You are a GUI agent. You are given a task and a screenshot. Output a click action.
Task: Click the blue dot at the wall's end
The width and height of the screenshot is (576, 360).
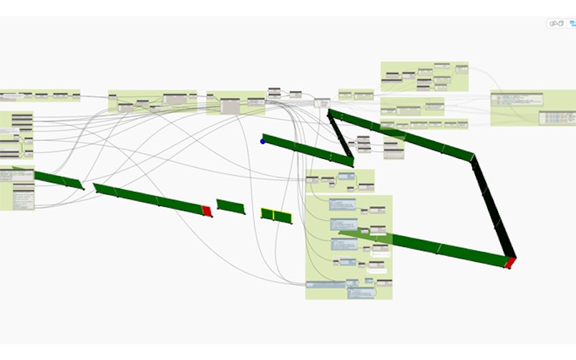click(x=263, y=141)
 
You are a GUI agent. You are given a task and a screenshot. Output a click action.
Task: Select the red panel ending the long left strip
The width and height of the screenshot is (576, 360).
click(x=207, y=210)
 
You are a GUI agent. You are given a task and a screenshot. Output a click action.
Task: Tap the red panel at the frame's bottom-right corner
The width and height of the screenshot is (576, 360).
click(x=509, y=263)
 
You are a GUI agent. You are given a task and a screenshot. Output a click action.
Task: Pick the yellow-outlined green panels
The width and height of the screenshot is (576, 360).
click(x=276, y=215)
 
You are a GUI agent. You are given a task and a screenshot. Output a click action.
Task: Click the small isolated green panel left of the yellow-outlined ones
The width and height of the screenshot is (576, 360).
click(x=230, y=207)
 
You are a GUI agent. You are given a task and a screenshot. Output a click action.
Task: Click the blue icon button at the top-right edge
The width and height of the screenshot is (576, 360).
click(x=572, y=24)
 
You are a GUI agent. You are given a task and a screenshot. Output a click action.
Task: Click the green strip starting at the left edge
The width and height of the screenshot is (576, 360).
click(x=57, y=179)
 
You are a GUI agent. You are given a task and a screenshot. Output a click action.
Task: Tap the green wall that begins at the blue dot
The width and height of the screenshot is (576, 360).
click(x=308, y=150)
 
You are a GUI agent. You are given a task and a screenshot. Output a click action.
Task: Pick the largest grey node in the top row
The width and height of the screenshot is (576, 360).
click(x=230, y=107)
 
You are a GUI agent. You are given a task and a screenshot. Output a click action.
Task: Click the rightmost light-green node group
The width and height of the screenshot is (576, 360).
click(x=533, y=108)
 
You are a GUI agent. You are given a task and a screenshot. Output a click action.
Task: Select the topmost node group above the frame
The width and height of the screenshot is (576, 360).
click(x=424, y=76)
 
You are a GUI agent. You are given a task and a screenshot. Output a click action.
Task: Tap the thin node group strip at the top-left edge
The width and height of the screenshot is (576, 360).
click(x=39, y=95)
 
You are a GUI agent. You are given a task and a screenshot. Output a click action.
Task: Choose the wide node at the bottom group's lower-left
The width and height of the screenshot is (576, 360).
click(x=326, y=284)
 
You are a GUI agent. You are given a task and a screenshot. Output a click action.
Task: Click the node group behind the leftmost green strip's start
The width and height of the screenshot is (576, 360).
click(x=16, y=188)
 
